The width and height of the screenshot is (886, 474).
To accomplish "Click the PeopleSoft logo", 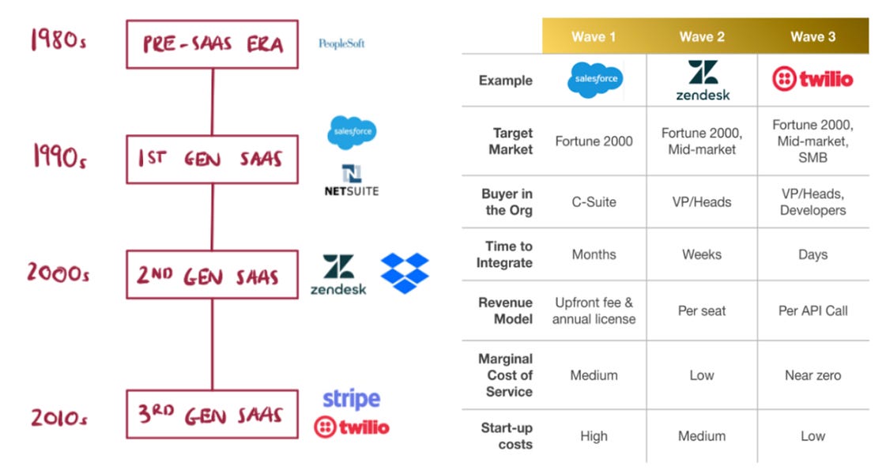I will point(341,43).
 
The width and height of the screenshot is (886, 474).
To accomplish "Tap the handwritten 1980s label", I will point(57,39).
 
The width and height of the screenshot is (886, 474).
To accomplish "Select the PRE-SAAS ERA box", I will point(212,44).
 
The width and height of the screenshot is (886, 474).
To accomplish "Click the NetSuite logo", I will point(351,180).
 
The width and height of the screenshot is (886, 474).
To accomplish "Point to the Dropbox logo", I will point(405,273).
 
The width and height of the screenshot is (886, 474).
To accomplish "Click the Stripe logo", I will point(351,399).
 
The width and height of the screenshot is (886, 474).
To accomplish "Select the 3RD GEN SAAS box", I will point(212,414).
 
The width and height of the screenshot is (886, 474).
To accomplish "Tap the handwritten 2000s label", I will point(57,274).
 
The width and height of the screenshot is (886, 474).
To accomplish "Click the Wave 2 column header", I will point(702,37).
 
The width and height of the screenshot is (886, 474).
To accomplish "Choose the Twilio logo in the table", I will point(812,79).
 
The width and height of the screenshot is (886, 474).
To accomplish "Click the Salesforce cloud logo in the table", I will point(594,81).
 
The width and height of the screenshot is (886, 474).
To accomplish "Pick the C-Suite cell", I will point(594,201).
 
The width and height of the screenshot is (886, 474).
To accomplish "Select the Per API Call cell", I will point(812,310).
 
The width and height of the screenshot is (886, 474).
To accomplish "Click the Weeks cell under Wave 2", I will point(702,254).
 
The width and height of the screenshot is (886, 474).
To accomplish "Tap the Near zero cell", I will point(812,375).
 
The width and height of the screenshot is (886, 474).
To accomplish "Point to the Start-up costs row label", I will point(507,436).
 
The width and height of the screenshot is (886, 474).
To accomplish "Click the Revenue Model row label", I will point(506,310).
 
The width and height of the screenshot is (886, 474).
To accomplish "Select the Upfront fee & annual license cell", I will point(594,310).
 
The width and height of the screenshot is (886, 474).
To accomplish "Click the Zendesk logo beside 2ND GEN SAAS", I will point(338,275).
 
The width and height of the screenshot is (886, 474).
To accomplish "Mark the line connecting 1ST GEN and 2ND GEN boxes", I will point(212,217).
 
